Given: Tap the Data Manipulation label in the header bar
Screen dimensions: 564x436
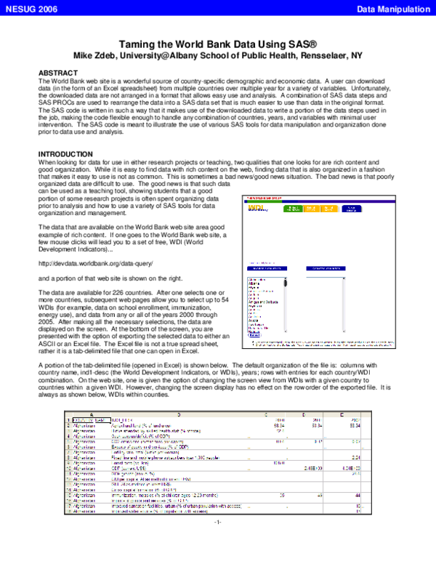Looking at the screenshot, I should (x=395, y=8).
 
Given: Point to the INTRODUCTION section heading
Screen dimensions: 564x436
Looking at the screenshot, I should (x=67, y=154).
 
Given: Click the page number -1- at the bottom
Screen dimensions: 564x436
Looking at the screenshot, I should (x=217, y=542).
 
